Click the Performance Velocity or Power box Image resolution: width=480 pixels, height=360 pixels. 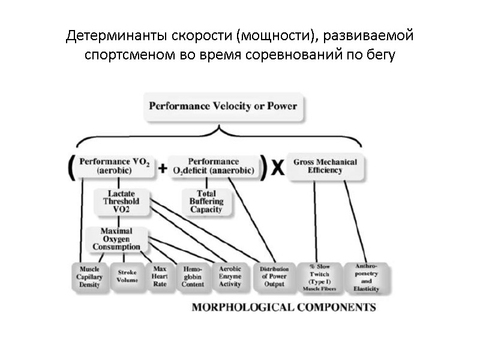(x=223, y=106)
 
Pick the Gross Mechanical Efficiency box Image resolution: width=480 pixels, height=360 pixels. (x=325, y=166)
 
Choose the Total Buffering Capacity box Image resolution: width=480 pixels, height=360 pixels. (x=206, y=202)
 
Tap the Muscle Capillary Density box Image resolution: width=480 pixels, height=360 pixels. (x=90, y=277)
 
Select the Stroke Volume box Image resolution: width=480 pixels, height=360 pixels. (x=127, y=276)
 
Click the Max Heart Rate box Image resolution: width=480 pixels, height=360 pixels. (x=160, y=276)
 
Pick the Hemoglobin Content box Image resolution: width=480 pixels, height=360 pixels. (x=193, y=277)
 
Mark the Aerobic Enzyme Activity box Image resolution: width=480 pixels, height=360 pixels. (x=230, y=277)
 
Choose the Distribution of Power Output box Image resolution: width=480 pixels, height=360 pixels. (x=274, y=277)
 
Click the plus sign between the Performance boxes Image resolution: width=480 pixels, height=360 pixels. (x=162, y=169)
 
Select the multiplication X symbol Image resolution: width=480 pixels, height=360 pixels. (x=277, y=169)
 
